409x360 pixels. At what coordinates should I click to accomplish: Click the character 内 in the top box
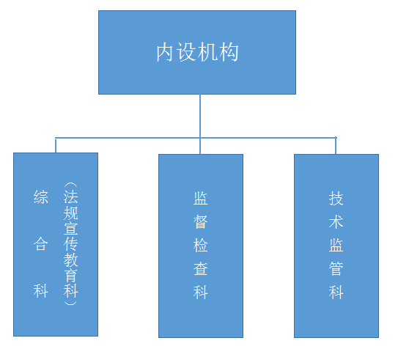pyautogui.click(x=165, y=52)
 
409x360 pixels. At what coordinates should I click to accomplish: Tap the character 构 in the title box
pyautogui.click(x=229, y=52)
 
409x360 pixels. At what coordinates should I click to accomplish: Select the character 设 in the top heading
pyautogui.click(x=186, y=52)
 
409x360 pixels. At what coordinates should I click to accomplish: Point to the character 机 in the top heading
pyautogui.click(x=207, y=52)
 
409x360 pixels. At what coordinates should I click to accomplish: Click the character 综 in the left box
pyautogui.click(x=41, y=197)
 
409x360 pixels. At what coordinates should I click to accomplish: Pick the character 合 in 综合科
pyautogui.click(x=41, y=244)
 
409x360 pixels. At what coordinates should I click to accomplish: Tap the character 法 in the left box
pyautogui.click(x=70, y=196)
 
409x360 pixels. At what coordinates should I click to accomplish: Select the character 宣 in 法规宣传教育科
pyautogui.click(x=70, y=228)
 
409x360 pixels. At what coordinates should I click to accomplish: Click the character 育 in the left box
pyautogui.click(x=70, y=275)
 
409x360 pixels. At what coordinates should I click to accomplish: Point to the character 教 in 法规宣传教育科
pyautogui.click(x=70, y=260)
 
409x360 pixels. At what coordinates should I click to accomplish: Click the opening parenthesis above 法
pyautogui.click(x=70, y=185)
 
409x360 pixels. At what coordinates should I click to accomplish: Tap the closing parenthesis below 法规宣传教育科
pyautogui.click(x=70, y=303)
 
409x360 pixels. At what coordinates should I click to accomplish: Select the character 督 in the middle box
pyautogui.click(x=201, y=221)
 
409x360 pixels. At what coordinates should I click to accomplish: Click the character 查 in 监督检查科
pyautogui.click(x=201, y=268)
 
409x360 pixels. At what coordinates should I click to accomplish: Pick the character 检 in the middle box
pyautogui.click(x=201, y=245)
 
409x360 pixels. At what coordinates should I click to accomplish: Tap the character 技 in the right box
pyautogui.click(x=336, y=198)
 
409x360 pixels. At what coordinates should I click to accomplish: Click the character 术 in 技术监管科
pyautogui.click(x=336, y=221)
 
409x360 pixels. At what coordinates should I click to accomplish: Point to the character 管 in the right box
pyautogui.click(x=336, y=268)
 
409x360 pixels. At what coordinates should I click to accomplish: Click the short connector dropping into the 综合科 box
pyautogui.click(x=56, y=146)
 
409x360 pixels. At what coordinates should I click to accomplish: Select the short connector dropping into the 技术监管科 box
pyautogui.click(x=336, y=146)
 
